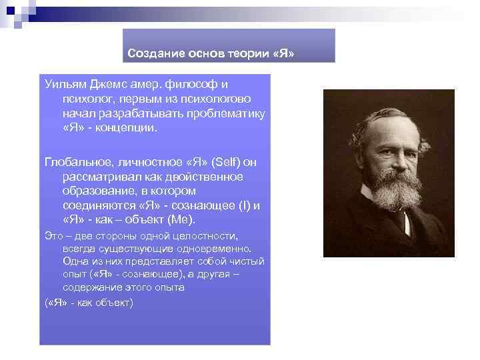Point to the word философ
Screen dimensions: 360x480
click(192, 84)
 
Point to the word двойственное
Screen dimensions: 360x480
click(205, 177)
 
